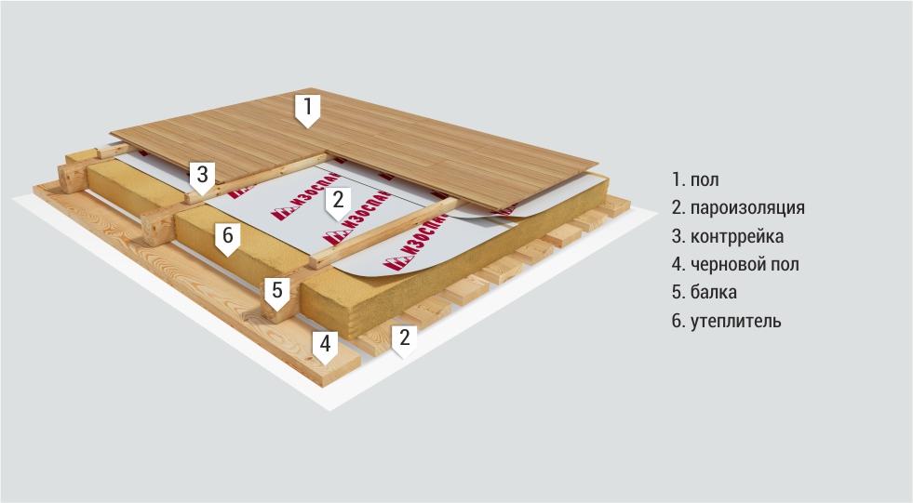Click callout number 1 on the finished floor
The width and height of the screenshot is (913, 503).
click(307, 110)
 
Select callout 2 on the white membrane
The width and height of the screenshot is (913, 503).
click(338, 203)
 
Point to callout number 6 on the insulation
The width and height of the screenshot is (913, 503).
click(228, 238)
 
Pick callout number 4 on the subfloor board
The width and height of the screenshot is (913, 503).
click(325, 346)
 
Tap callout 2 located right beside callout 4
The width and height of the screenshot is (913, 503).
click(404, 340)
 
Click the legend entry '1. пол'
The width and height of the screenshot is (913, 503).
click(695, 179)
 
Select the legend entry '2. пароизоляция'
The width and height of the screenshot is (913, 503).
click(738, 207)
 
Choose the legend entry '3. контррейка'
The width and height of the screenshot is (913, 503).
click(727, 236)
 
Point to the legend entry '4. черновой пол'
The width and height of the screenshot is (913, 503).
click(735, 264)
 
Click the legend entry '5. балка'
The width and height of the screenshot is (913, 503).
click(704, 292)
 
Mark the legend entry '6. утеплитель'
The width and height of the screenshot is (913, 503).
click(726, 321)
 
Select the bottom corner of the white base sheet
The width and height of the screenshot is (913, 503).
click(330, 410)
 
